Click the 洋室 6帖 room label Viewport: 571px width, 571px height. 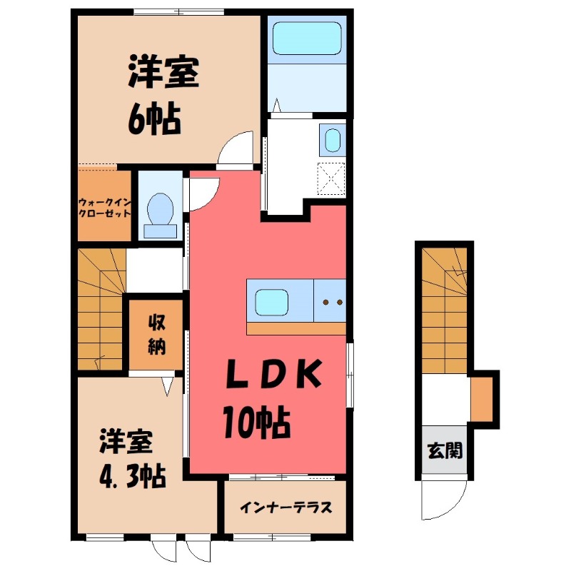pos(163,96)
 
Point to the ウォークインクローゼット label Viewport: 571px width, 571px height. pos(104,207)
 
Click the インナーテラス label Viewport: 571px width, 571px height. pos(285,508)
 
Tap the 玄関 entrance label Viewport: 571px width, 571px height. pos(445,450)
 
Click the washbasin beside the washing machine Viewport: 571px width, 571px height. pos(332,140)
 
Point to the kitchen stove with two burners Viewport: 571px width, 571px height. pos(330,301)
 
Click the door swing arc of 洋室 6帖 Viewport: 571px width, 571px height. pos(235,149)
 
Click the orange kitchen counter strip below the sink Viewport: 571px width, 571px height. pos(296,328)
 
